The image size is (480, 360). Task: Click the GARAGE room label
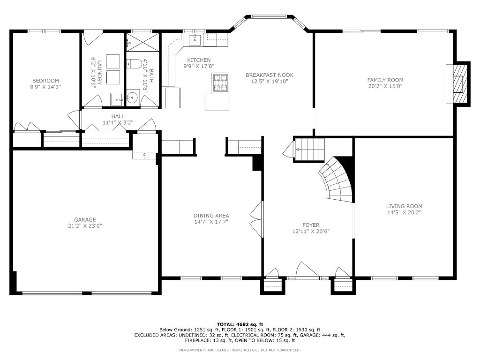coord(85,219)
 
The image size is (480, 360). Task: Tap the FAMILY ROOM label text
coord(385,80)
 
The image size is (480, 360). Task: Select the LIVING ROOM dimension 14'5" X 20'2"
coord(404,212)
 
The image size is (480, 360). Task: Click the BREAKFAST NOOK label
coord(266,75)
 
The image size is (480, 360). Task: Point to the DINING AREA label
coord(211,216)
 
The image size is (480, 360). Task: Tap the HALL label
coord(118,116)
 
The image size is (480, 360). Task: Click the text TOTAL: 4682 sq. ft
coord(240,324)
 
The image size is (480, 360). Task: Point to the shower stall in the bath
coord(142,40)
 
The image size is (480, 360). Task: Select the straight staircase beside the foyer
coord(309,149)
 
